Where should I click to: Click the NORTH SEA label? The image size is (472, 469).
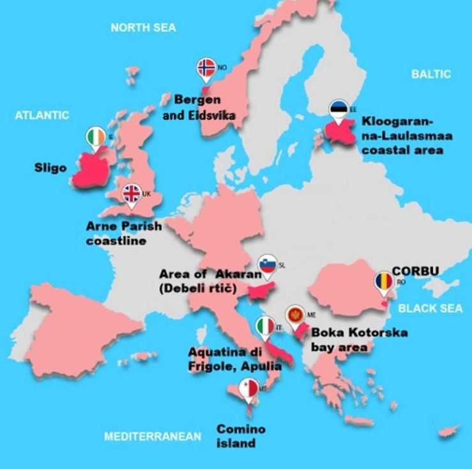pyautogui.click(x=143, y=27)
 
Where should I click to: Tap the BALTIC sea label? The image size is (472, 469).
pyautogui.click(x=430, y=74)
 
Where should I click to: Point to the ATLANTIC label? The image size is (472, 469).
pyautogui.click(x=42, y=115)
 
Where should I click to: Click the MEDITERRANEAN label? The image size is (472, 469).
pyautogui.click(x=153, y=436)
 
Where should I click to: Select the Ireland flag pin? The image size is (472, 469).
pyautogui.click(x=96, y=137)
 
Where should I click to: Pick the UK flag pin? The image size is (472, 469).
pyautogui.click(x=132, y=194)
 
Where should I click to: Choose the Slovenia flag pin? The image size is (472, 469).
pyautogui.click(x=267, y=265)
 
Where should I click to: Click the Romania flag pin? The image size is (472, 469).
pyautogui.click(x=384, y=282)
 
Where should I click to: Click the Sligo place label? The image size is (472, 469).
pyautogui.click(x=50, y=168)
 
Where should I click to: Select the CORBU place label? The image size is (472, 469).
pyautogui.click(x=415, y=270)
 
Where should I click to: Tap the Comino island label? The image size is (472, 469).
pyautogui.click(x=241, y=436)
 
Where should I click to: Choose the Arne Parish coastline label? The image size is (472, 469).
pyautogui.click(x=124, y=233)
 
